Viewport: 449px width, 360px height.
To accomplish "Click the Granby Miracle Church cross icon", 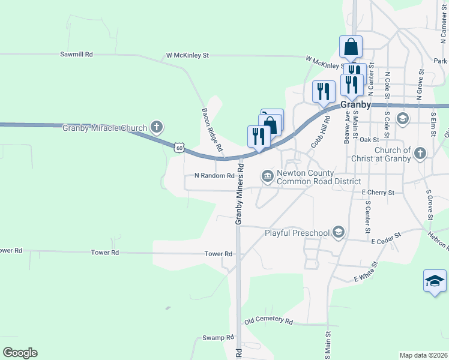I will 157,127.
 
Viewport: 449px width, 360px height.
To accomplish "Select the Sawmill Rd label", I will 76,54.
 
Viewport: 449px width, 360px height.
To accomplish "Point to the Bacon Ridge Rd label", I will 211,130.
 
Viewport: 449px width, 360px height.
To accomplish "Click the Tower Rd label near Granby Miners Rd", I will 218,254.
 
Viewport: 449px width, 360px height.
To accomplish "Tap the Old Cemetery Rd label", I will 268,321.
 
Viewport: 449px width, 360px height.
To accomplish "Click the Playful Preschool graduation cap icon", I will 339,232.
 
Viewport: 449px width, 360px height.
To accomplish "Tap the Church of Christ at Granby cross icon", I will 420,154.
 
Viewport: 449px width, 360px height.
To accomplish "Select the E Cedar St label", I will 386,239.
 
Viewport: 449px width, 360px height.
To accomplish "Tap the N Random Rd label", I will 214,176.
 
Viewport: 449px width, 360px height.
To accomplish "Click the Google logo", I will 20,353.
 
